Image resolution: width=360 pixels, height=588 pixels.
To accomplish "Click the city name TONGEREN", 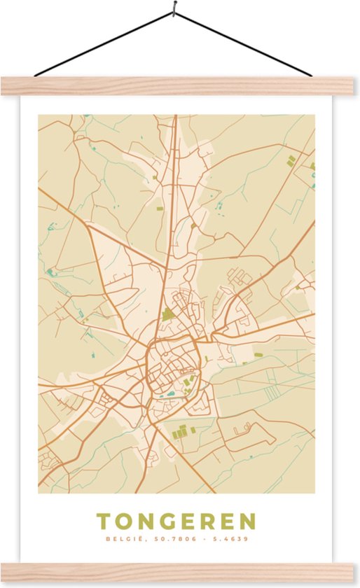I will (x=176, y=521).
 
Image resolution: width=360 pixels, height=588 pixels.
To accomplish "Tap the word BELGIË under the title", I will (x=120, y=539).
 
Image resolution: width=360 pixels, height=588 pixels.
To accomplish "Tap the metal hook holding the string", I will (x=174, y=8).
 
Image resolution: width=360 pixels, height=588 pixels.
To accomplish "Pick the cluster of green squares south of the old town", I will (x=180, y=430).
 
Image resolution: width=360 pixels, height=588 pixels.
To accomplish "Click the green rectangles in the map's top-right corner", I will (x=291, y=161).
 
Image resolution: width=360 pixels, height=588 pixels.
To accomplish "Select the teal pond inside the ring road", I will (x=169, y=394).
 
